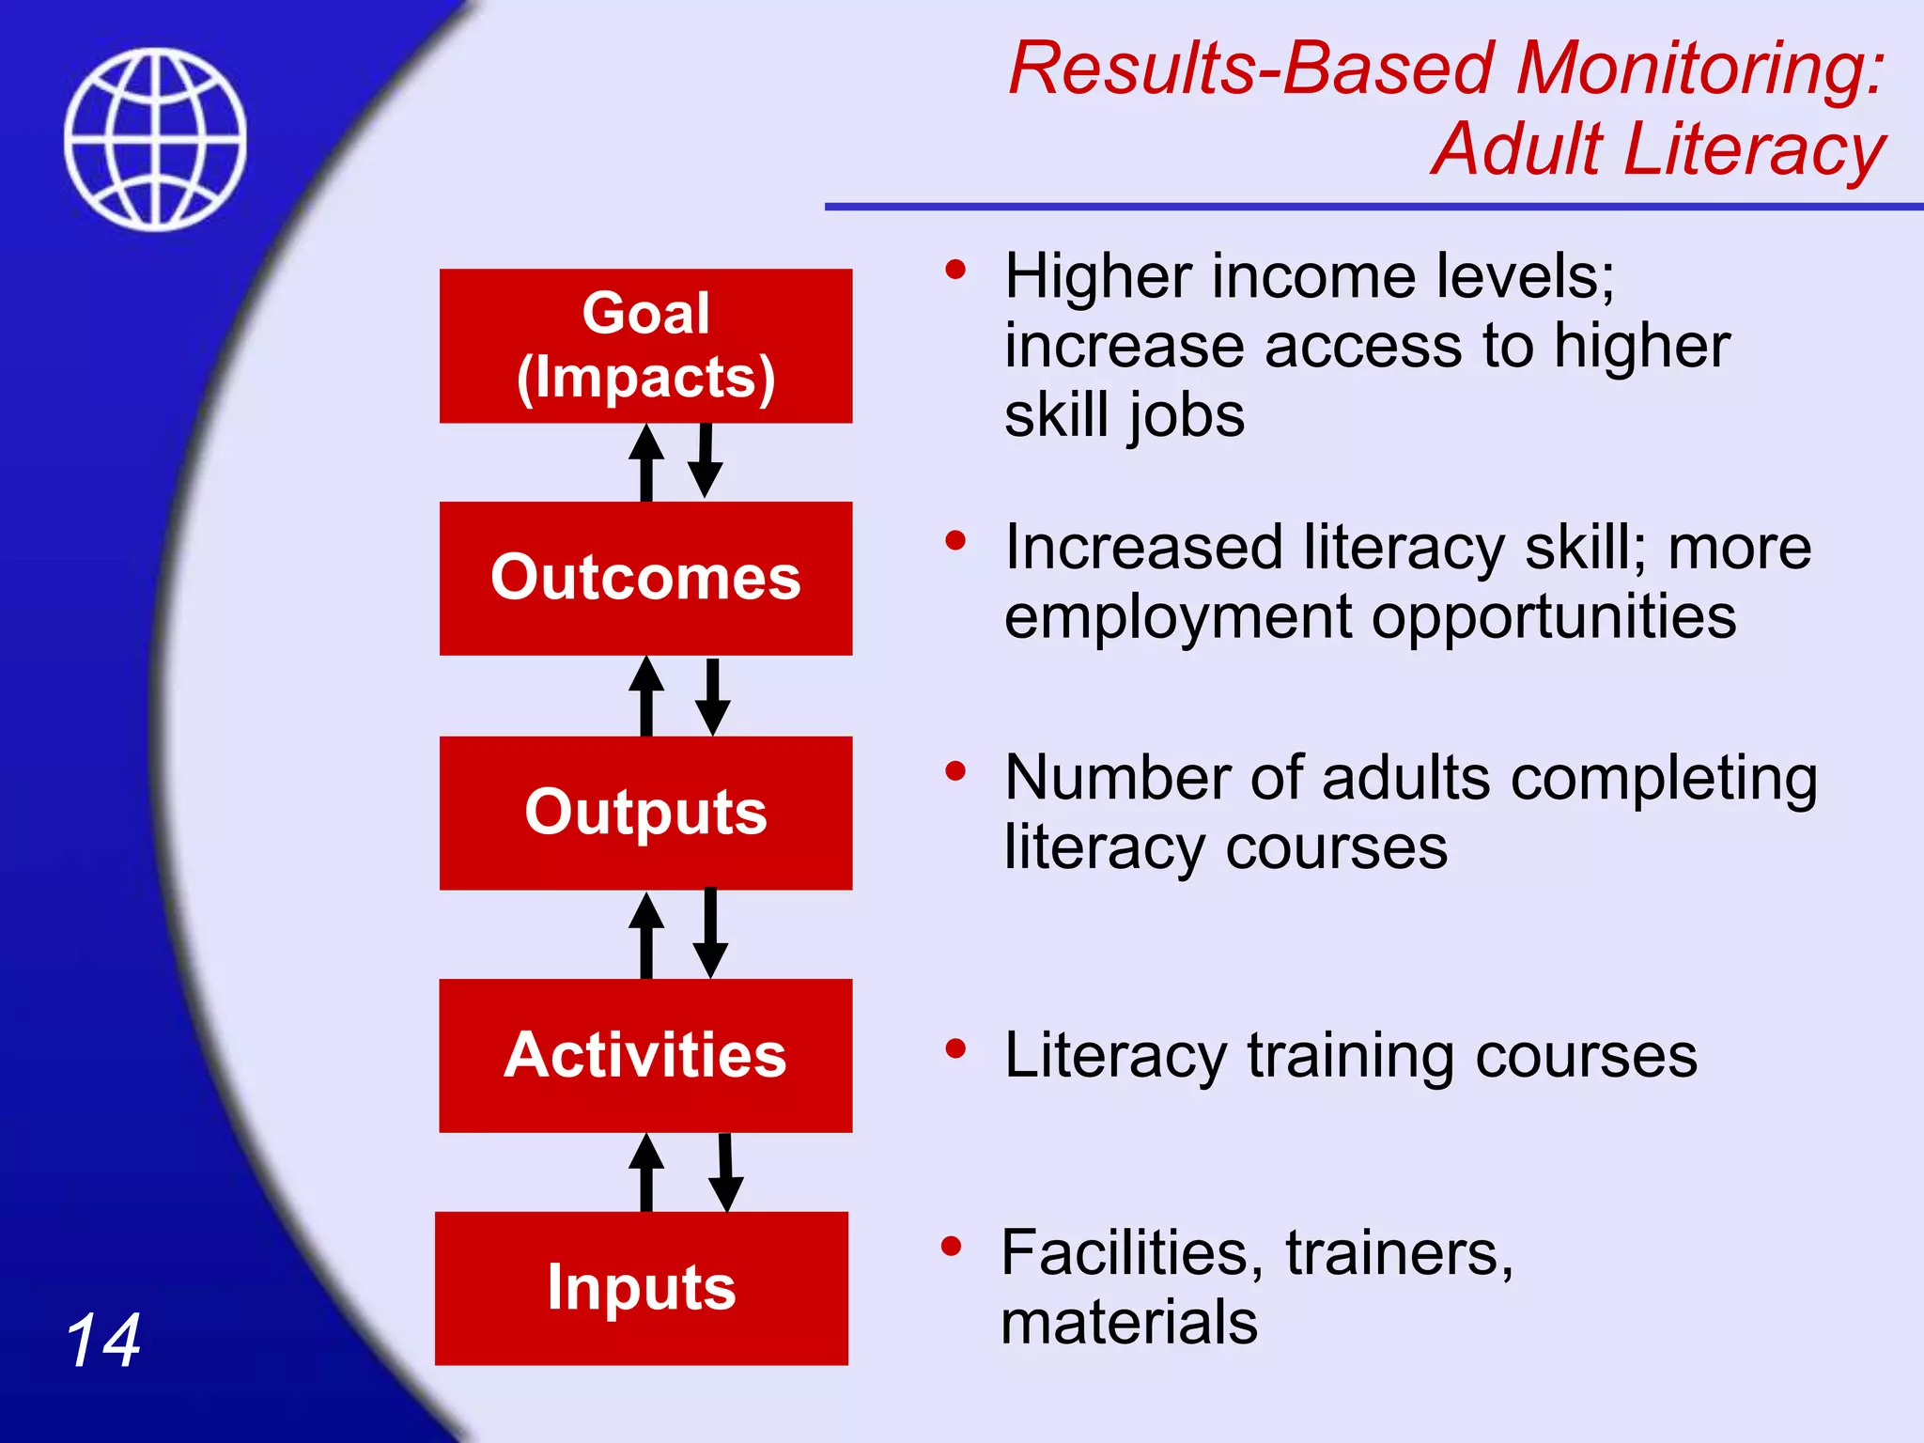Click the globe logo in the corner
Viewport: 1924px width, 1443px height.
point(155,139)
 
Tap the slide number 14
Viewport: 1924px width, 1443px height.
point(103,1341)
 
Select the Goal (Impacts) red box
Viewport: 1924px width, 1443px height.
point(645,346)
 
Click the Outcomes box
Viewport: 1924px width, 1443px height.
point(645,578)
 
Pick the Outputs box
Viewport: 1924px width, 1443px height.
point(645,813)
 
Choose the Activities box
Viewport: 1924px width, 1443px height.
point(645,1055)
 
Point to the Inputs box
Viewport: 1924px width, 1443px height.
point(642,1288)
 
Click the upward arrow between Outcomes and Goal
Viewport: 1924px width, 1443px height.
point(646,462)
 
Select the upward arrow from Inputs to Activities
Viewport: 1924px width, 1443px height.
point(646,1172)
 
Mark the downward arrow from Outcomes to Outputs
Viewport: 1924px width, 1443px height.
point(713,697)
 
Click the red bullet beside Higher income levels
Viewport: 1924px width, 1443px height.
point(955,271)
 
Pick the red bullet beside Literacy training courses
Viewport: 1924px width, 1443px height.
point(955,1048)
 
